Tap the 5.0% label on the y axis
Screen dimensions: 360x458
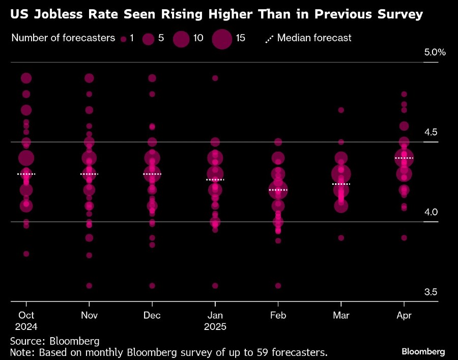point(435,52)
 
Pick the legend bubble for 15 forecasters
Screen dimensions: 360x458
point(222,39)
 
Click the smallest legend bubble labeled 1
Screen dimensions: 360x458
point(123,39)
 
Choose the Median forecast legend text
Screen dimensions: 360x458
point(314,38)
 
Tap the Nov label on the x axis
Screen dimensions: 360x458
point(89,316)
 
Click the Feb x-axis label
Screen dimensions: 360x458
point(278,316)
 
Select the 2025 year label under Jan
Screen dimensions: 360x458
point(215,326)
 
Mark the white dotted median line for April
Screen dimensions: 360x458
point(404,158)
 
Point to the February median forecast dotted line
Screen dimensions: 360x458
point(278,190)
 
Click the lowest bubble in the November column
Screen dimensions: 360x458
point(89,286)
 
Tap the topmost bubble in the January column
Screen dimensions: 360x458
point(215,78)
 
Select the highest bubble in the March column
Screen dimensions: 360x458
point(341,110)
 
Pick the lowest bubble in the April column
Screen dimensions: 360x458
point(404,238)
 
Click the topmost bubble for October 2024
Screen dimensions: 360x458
point(26,78)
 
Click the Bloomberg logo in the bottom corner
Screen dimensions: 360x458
point(423,351)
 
